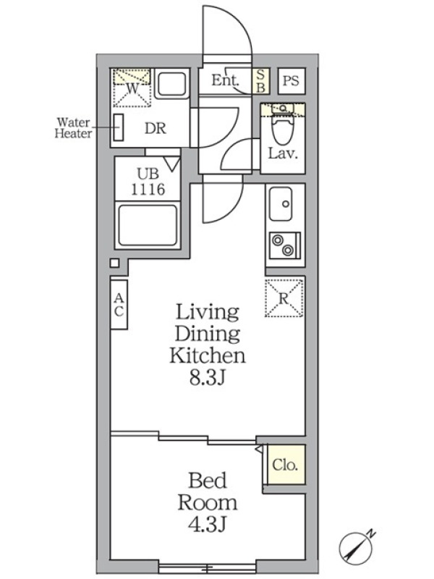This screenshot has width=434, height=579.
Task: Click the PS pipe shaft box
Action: tap(292, 81)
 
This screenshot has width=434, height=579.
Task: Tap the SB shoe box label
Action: tap(260, 81)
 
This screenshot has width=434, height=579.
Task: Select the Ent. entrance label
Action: tap(225, 80)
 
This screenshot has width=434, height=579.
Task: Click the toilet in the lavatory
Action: tap(283, 125)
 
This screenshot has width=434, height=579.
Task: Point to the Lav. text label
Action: tap(283, 153)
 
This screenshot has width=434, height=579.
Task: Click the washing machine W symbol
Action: tap(132, 88)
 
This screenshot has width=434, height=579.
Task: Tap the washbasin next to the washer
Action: tap(170, 84)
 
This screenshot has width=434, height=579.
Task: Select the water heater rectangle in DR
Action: tap(119, 127)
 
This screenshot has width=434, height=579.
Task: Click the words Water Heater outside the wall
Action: tap(73, 128)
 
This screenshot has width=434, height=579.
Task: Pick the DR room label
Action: tap(156, 128)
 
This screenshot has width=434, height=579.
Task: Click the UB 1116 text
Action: tap(148, 182)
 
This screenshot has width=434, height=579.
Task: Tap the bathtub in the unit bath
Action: tap(148, 225)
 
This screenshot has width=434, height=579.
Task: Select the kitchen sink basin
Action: tap(281, 204)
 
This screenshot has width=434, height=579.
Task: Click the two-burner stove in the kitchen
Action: tap(284, 245)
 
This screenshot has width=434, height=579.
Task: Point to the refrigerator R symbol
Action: tap(284, 298)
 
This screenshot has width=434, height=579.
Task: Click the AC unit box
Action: tap(119, 305)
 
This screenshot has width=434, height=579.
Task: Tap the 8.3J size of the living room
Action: tap(207, 377)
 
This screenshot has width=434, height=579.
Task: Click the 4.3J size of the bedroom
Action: tap(207, 524)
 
